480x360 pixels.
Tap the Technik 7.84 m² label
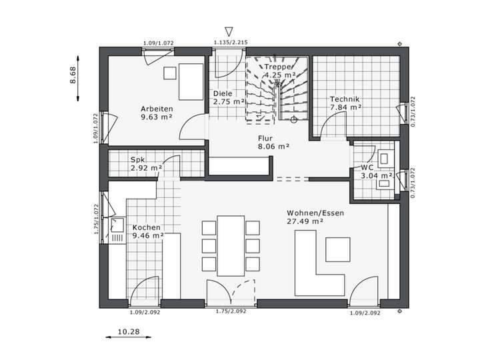point(345,103)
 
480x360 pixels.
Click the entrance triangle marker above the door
point(229,31)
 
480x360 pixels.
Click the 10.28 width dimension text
point(129,331)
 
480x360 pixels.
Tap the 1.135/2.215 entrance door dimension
point(230,43)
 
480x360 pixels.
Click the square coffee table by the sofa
point(337,249)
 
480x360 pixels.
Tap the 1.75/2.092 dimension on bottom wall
point(231,311)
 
